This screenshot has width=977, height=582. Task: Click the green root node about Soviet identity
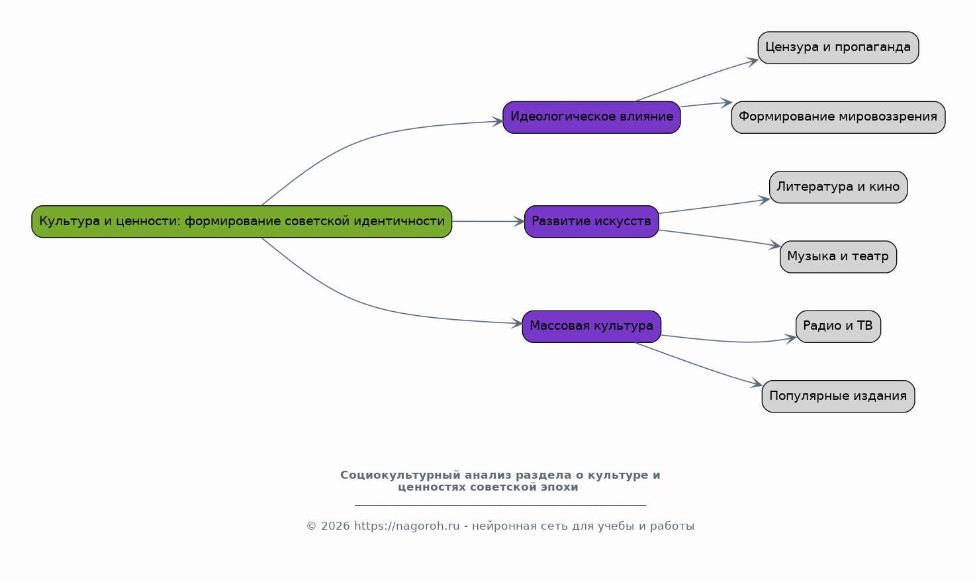242,221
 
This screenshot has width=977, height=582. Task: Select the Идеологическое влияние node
591,117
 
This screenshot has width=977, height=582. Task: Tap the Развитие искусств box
591,221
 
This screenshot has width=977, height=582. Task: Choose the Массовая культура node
591,326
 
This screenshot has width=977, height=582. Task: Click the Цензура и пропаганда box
838,47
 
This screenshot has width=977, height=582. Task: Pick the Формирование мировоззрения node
838,117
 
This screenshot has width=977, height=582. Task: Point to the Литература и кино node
838,187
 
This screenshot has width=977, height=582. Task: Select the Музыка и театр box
838,256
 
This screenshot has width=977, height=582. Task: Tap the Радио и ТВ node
838,326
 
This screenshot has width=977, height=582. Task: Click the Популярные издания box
838,396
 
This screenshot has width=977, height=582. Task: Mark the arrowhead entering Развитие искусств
519,222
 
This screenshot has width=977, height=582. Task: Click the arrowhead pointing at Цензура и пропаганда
753,61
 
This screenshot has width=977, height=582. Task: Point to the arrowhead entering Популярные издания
757,384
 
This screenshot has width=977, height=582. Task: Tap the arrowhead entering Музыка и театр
775,246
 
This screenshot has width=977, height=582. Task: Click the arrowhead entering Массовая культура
517,324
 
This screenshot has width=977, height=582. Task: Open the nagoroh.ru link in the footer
406,526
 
